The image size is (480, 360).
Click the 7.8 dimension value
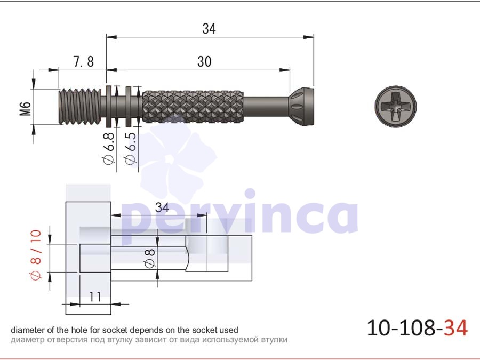[x=84, y=61]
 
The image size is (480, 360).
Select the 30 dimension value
[x=204, y=61]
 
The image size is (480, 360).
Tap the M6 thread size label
[x=26, y=109]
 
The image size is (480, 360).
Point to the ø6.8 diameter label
[x=109, y=148]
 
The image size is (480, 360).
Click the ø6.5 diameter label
[x=131, y=148]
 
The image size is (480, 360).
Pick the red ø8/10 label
[x=36, y=255]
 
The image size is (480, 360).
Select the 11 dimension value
[x=95, y=297]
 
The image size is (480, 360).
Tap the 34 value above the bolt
[x=209, y=28]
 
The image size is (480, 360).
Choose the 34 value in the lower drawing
[x=162, y=207]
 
